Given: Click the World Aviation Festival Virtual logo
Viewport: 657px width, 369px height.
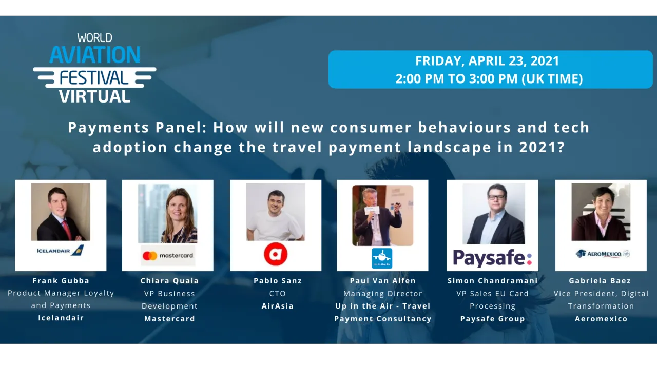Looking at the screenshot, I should [94, 68].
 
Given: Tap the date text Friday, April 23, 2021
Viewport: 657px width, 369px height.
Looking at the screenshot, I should [487, 61].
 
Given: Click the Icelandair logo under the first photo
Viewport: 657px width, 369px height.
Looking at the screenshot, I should [60, 251].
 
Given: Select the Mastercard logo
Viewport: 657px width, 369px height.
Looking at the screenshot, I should [168, 255].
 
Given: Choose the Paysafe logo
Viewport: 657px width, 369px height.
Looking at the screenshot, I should [492, 257].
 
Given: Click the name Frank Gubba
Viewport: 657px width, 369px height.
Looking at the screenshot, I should [61, 281].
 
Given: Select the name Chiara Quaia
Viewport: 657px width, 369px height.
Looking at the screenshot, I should [169, 281].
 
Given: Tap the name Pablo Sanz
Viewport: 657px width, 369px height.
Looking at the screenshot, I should [278, 281].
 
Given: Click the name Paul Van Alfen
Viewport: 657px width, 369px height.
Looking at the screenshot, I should [382, 281].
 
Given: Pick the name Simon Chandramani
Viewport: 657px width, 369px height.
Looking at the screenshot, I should [493, 281].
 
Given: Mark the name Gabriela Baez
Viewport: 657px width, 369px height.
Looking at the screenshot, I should [600, 281].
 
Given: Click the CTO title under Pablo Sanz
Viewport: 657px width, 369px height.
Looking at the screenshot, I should [278, 294].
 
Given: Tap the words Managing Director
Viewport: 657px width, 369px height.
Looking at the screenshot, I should [383, 294].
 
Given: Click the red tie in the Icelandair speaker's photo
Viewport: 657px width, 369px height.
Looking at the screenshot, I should [66, 229].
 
